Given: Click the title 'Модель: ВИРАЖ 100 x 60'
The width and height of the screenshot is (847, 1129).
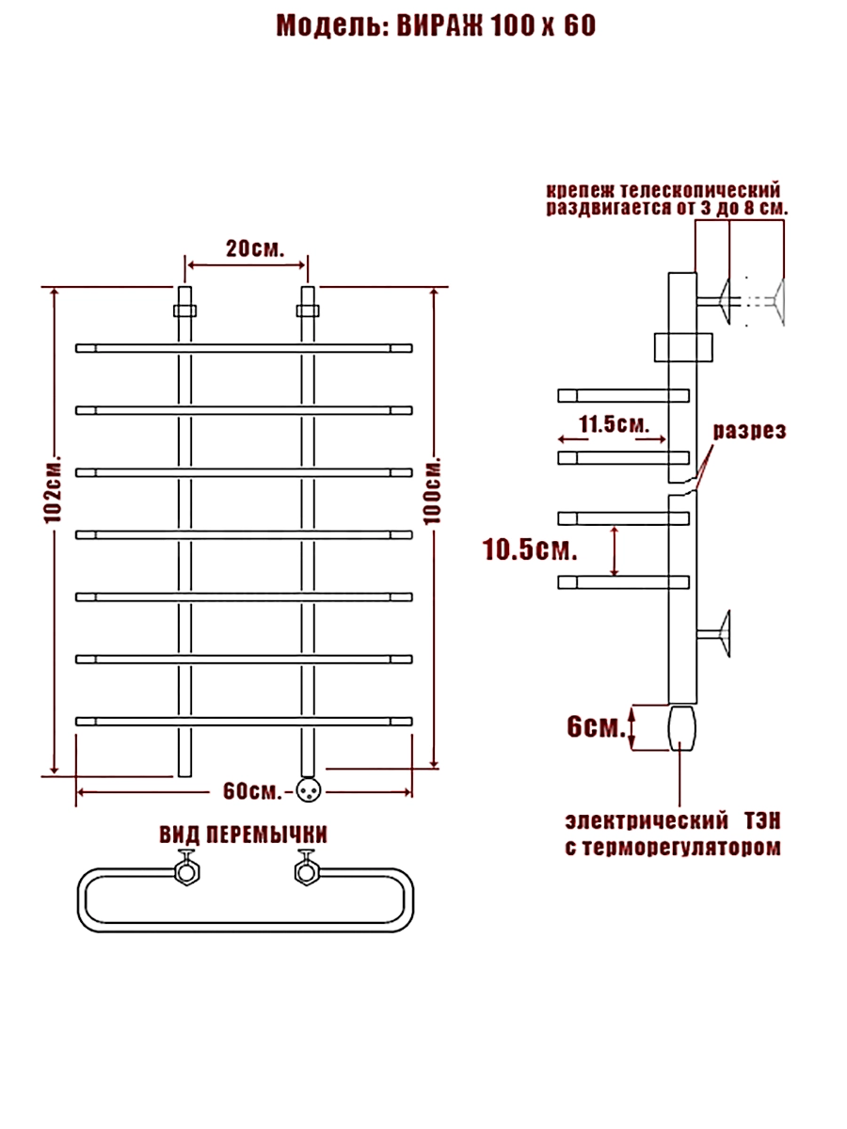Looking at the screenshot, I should pyautogui.click(x=435, y=26).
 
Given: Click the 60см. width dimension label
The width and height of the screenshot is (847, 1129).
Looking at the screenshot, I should pyautogui.click(x=252, y=790).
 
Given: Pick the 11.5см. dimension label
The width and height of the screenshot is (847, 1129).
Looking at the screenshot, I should pyautogui.click(x=614, y=423).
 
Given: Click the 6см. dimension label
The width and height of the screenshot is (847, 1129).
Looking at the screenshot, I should pyautogui.click(x=595, y=728).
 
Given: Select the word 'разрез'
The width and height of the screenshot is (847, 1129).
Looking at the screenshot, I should pyautogui.click(x=748, y=431).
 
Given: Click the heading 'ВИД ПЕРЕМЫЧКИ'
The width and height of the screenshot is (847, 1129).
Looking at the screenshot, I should pyautogui.click(x=243, y=835).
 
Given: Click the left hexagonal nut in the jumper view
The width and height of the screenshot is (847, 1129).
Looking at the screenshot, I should pyautogui.click(x=185, y=871).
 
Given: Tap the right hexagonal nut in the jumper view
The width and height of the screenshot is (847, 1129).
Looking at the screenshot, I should pyautogui.click(x=305, y=871).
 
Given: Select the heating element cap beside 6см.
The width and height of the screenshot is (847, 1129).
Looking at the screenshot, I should pyautogui.click(x=681, y=728).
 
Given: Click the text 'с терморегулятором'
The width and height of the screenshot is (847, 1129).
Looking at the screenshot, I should pyautogui.click(x=672, y=848).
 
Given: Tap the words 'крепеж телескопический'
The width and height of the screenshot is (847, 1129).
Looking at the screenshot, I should pyautogui.click(x=663, y=190).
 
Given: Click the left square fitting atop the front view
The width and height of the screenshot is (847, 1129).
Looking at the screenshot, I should pyautogui.click(x=184, y=310).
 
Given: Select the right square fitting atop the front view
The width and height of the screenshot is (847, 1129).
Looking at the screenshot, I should pyautogui.click(x=307, y=310).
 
